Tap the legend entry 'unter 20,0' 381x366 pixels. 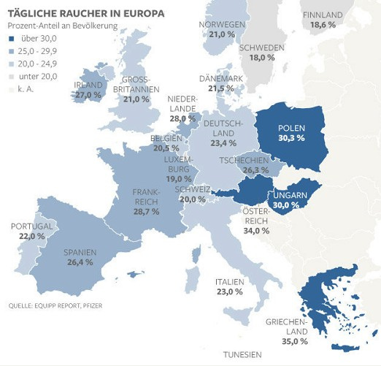coord(40,77)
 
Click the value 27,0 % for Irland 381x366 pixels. coord(88,95)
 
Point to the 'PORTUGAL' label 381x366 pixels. coord(32,226)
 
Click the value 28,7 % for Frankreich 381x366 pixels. coord(146,211)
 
